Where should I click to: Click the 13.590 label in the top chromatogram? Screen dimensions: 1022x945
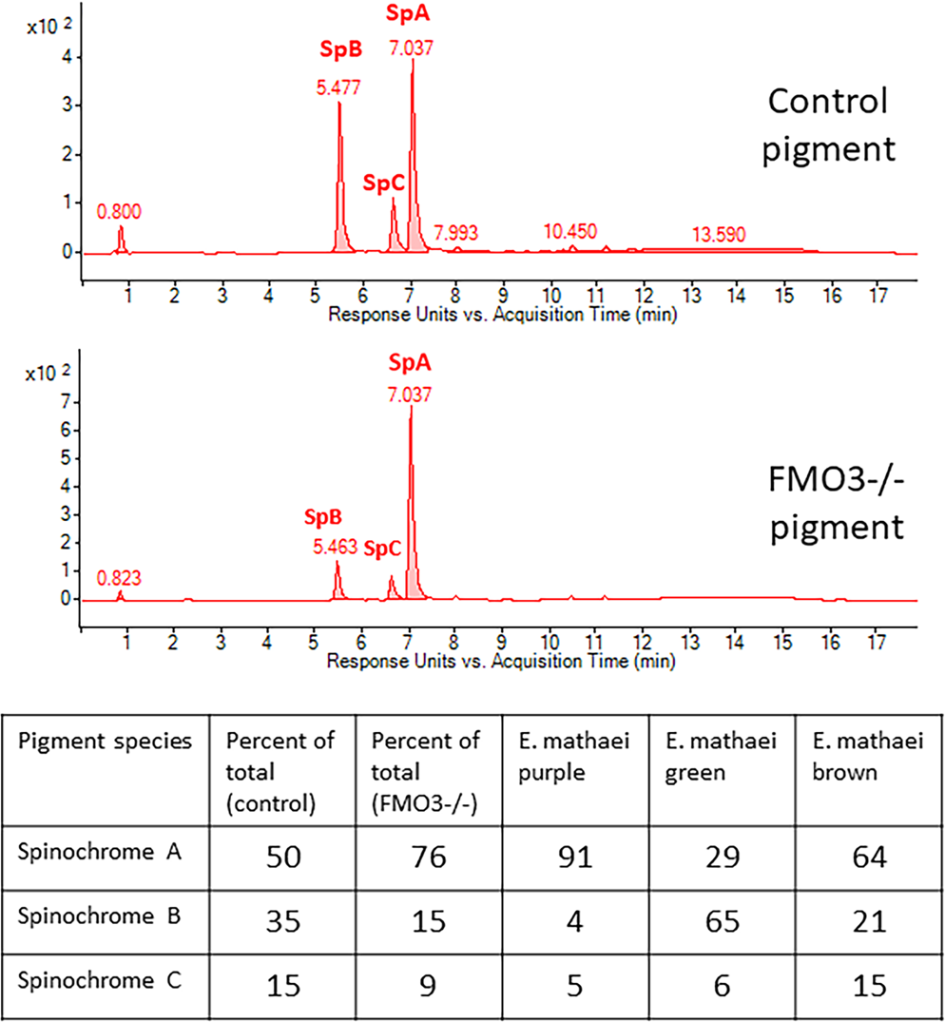[x=720, y=234]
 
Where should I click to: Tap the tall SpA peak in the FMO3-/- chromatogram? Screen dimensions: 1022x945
[x=410, y=418]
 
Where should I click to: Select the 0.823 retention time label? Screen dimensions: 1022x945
[x=120, y=578]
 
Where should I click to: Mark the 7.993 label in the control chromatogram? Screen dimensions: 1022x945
[x=455, y=231]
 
